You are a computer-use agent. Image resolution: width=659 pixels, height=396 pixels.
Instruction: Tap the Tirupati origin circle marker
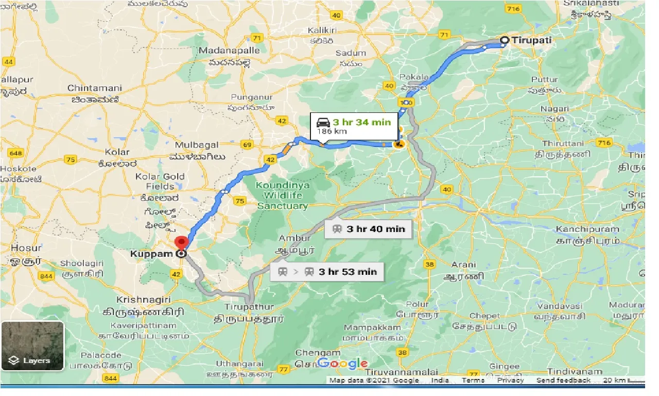pyautogui.click(x=505, y=40)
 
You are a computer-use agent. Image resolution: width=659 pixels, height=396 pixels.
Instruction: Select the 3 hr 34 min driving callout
pyautogui.click(x=354, y=126)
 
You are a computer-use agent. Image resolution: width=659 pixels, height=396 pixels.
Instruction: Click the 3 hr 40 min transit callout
pyautogui.click(x=369, y=229)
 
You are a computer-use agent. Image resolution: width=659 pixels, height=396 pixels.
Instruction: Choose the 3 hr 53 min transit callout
pyautogui.click(x=327, y=272)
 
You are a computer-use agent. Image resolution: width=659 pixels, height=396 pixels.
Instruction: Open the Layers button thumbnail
pyautogui.click(x=32, y=345)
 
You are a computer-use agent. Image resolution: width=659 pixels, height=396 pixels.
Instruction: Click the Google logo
pyautogui.click(x=342, y=364)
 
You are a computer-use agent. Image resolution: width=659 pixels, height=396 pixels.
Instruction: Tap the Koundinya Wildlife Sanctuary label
pyautogui.click(x=282, y=195)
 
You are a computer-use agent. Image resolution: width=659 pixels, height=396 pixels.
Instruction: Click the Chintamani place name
pyautogui.click(x=95, y=88)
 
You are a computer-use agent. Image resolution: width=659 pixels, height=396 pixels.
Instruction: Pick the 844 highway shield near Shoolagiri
pyautogui.click(x=46, y=276)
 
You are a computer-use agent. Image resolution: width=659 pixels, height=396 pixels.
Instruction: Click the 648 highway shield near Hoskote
pyautogui.click(x=15, y=153)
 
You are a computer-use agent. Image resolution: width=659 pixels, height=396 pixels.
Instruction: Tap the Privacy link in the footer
pyautogui.click(x=510, y=381)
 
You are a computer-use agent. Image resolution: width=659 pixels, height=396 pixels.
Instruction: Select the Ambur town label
pyautogui.click(x=294, y=238)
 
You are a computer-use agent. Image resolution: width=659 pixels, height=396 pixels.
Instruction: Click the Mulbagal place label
pyautogui.click(x=197, y=145)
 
